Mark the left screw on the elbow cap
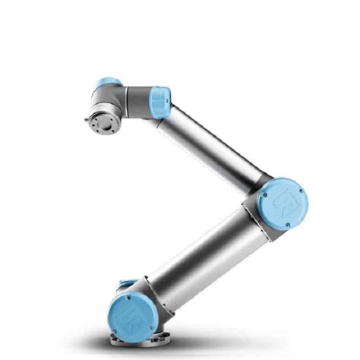[x=263, y=199]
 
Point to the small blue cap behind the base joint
[x=126, y=286]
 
